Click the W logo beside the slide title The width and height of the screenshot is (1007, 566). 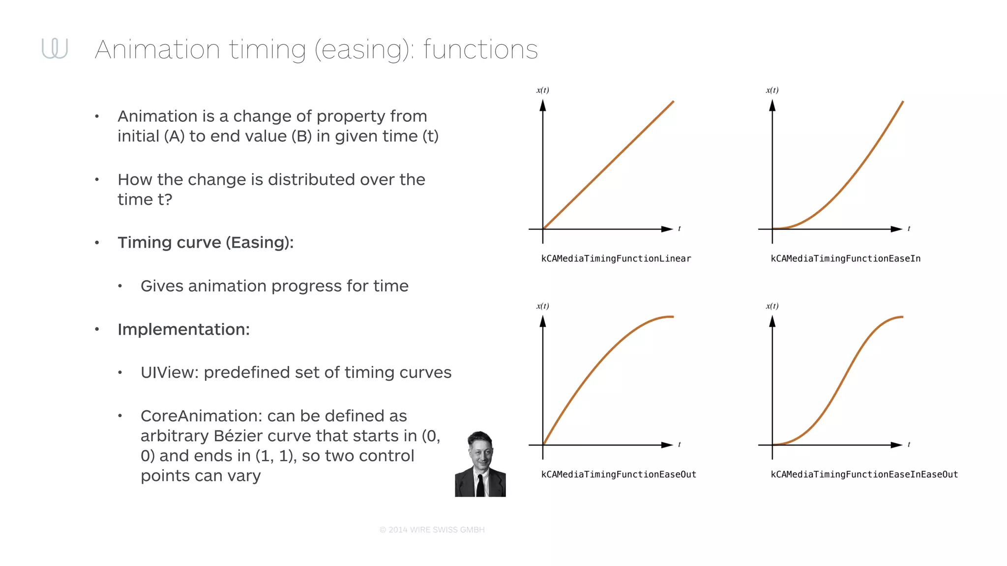(x=55, y=48)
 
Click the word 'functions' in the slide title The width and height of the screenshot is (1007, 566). (x=480, y=50)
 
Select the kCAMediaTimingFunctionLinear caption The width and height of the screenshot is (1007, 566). (x=616, y=258)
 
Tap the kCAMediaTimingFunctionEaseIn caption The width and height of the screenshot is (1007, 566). (x=845, y=258)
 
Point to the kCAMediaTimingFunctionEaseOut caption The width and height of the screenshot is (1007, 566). (x=619, y=474)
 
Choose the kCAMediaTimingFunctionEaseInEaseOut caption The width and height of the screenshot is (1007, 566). (x=864, y=474)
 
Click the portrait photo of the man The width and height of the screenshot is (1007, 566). (x=480, y=464)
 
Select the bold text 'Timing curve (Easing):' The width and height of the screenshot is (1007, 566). (x=205, y=243)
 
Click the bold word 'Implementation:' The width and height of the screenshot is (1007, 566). (x=183, y=329)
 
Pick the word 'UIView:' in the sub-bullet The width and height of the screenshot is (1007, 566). (x=169, y=372)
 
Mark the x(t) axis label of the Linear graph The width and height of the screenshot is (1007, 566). (x=542, y=90)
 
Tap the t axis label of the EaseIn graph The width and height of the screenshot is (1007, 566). (x=909, y=228)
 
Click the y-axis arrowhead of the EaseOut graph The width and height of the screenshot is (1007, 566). (x=543, y=321)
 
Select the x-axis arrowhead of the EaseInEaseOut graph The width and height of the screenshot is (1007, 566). (x=897, y=445)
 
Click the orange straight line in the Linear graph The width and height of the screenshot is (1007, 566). (x=608, y=165)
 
